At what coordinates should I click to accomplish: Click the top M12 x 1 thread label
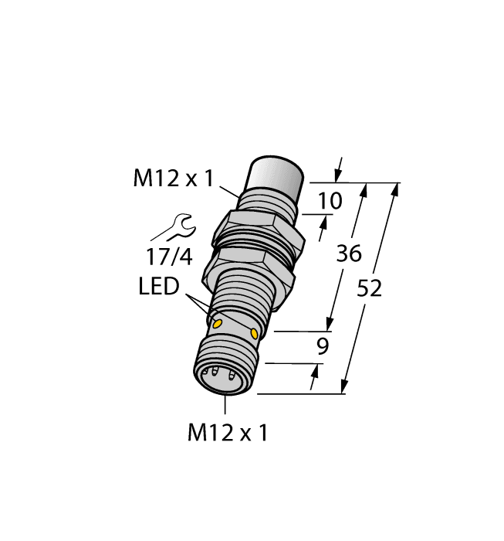pyautogui.click(x=173, y=179)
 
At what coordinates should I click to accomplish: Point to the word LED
pyautogui.click(x=158, y=287)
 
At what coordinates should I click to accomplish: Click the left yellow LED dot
pyautogui.click(x=218, y=322)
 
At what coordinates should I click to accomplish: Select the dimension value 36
pyautogui.click(x=350, y=254)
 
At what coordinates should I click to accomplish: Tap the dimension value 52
pyautogui.click(x=370, y=288)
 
